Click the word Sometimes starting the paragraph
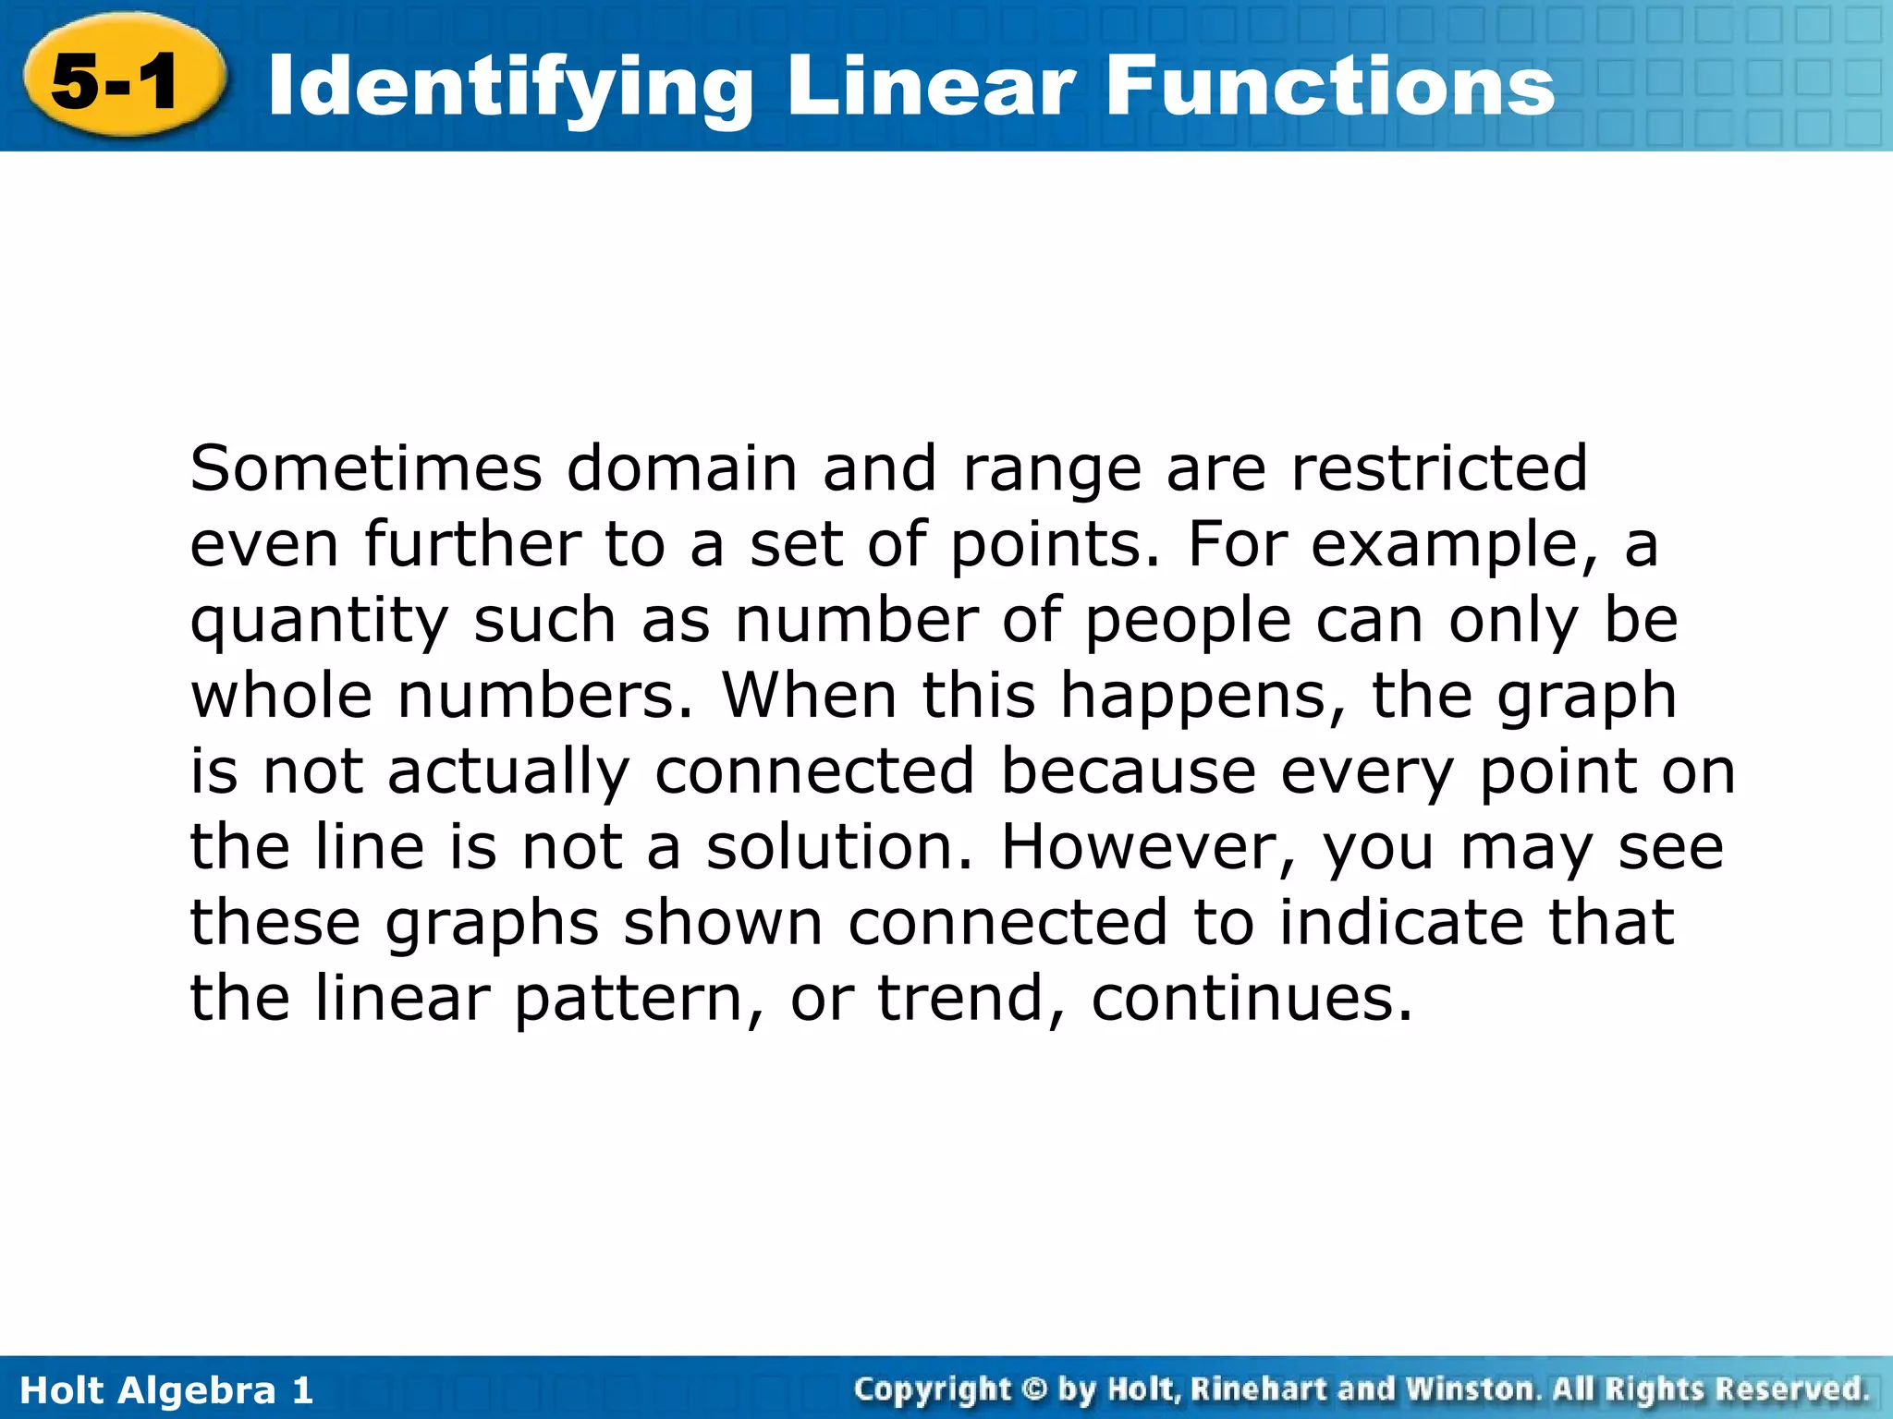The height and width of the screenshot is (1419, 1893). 365,468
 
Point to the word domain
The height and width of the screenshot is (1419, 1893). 681,468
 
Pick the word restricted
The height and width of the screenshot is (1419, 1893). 1439,468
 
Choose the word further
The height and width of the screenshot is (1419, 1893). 472,544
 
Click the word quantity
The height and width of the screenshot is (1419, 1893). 319,622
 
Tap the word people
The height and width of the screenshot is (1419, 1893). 1188,622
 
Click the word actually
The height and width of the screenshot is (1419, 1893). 508,773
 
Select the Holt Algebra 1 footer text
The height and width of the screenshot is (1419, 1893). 166,1390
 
